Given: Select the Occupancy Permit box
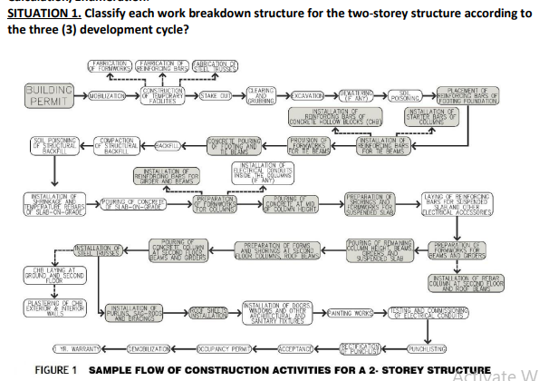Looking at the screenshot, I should coord(221,347).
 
